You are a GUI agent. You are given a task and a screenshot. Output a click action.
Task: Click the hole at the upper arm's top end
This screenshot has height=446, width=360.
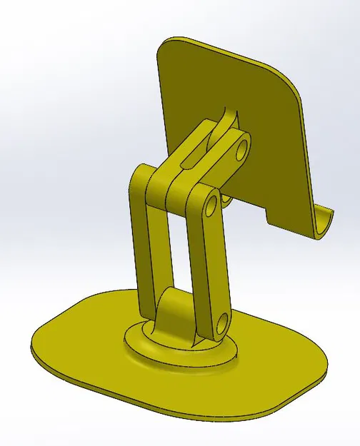click(241, 149)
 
